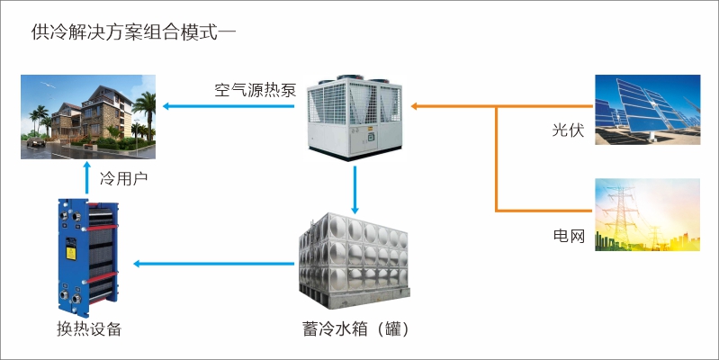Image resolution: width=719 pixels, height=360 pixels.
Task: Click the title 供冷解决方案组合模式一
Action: pyautogui.click(x=133, y=33)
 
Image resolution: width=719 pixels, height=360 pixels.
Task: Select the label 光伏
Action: pyautogui.click(x=568, y=131)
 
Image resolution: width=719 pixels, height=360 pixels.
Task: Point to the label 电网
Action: pyautogui.click(x=568, y=237)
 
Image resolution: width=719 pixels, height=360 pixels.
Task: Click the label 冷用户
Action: pyautogui.click(x=123, y=178)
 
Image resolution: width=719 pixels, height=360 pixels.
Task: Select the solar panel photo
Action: pyautogui.click(x=647, y=109)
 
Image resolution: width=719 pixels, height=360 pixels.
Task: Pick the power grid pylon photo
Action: pyautogui.click(x=647, y=214)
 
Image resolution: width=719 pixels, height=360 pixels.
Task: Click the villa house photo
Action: pyautogui.click(x=88, y=117)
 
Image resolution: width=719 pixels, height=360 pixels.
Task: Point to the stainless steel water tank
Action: pyautogui.click(x=353, y=257)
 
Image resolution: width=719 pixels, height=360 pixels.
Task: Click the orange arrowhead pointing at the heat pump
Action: pyautogui.click(x=417, y=106)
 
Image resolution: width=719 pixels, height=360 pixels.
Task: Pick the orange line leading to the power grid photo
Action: pyautogui.click(x=540, y=211)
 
